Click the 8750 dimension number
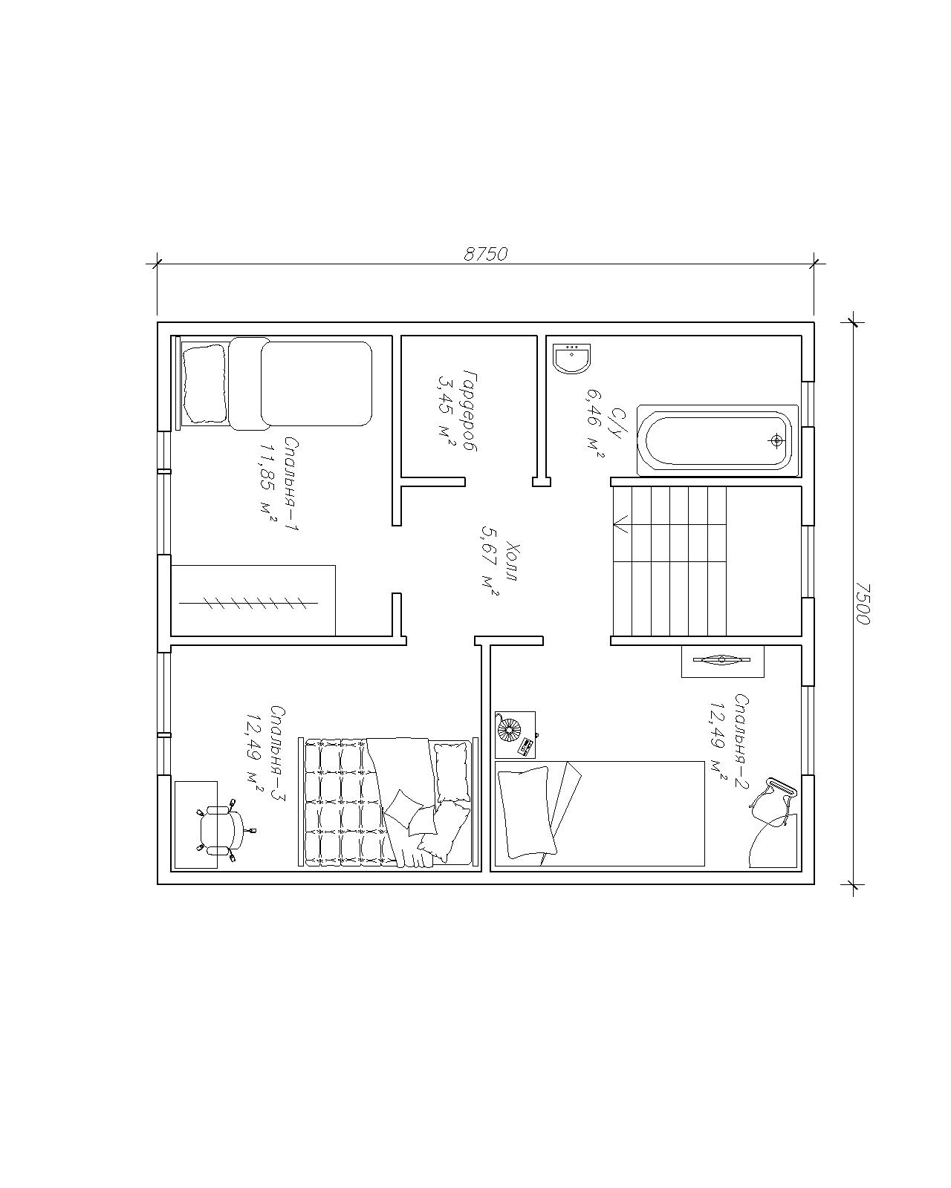point(484,254)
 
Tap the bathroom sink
point(572,359)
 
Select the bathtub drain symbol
point(776,440)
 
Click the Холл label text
point(511,563)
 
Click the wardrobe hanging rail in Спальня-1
point(249,604)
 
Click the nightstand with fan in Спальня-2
point(515,735)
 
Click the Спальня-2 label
point(741,742)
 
